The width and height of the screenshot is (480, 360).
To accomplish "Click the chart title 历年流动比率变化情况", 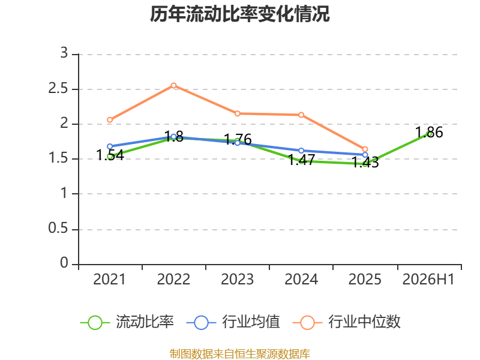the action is [239, 14].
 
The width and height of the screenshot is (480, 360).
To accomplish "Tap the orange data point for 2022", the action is [173, 85].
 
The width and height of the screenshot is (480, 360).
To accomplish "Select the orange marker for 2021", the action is [110, 119].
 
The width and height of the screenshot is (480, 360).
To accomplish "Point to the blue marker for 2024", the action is [301, 151].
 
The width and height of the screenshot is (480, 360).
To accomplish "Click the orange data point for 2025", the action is [365, 149].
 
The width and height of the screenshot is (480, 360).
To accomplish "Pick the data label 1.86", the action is [429, 133].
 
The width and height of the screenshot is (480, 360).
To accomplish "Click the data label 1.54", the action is [110, 155].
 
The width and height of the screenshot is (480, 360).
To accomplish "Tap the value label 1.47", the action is [302, 160].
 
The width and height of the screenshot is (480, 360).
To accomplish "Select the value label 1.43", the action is [365, 162].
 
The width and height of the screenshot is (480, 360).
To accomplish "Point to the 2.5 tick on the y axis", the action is [58, 88].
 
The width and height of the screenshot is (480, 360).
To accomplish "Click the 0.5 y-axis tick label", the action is [58, 228].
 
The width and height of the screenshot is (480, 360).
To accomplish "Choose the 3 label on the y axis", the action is [64, 53].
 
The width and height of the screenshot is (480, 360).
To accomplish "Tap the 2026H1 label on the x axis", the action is [428, 279].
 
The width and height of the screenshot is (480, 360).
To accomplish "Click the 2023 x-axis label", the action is [237, 279].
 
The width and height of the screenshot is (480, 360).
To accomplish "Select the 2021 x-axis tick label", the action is [110, 279].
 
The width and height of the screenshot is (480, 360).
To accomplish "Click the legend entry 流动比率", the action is [127, 322].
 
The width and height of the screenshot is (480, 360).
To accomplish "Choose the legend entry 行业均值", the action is [233, 322].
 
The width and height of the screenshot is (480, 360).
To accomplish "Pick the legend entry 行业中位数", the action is [347, 322].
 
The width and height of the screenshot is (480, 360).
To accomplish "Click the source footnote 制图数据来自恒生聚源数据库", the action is [240, 354].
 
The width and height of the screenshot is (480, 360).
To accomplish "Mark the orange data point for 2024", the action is [301, 115].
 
